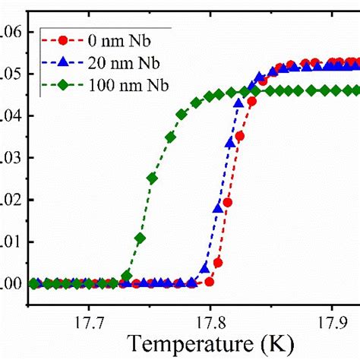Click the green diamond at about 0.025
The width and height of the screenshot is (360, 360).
pos(152,178)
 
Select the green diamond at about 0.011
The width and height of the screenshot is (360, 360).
pos(140,238)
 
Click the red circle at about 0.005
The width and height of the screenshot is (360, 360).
pos(218,263)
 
